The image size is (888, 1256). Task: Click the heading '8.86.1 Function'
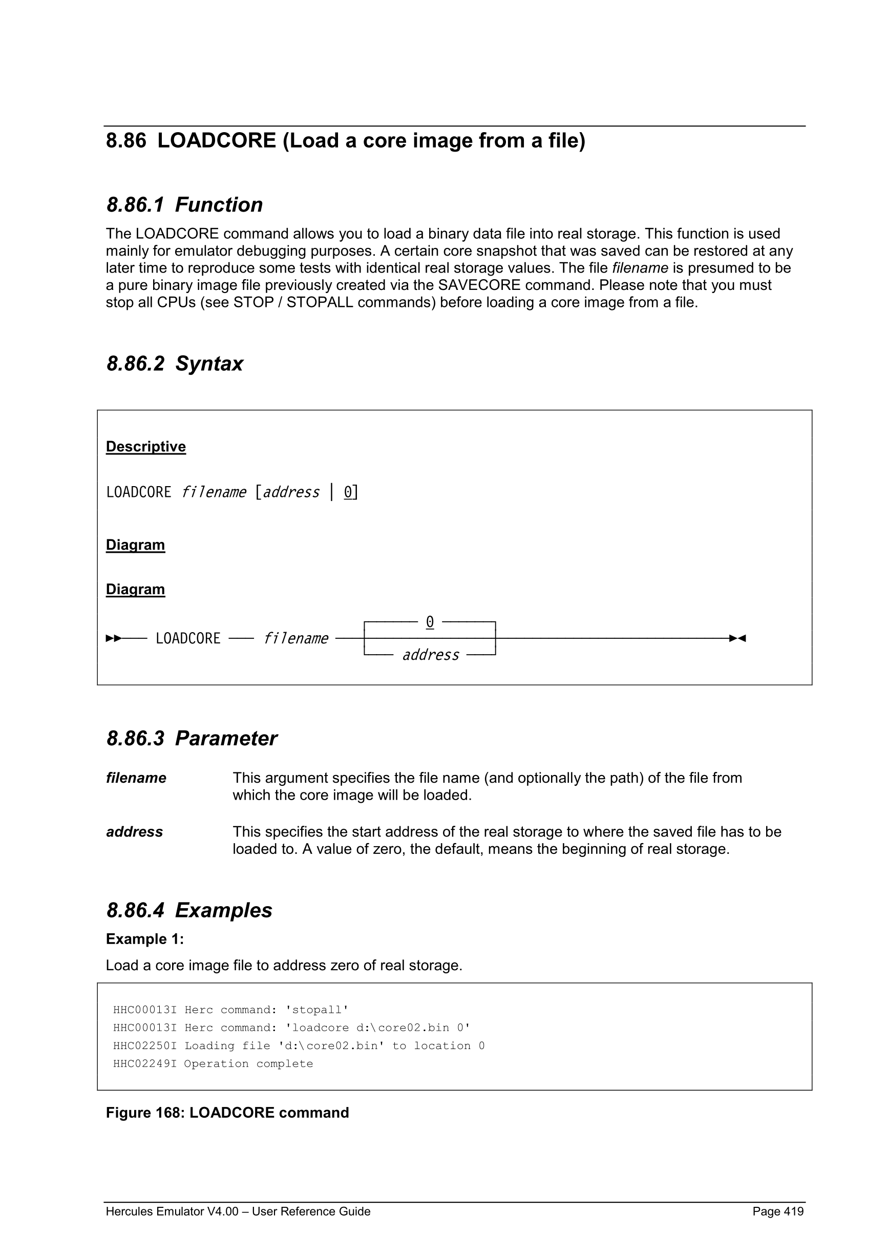(184, 205)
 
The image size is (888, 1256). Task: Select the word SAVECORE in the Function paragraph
(479, 285)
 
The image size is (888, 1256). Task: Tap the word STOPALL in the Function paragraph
(320, 303)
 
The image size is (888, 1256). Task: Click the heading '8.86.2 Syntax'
(175, 364)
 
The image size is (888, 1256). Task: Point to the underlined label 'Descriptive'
(145, 447)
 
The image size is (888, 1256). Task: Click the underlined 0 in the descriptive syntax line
(348, 492)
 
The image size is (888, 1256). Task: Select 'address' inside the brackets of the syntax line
(291, 492)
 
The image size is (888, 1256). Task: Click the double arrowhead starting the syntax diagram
(114, 638)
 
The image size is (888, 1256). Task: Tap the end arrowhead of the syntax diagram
(737, 638)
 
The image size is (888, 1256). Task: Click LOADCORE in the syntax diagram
(187, 638)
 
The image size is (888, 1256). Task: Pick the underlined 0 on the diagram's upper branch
(430, 622)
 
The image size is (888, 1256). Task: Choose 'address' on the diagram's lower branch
(430, 655)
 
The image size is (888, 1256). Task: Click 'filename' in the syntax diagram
(295, 638)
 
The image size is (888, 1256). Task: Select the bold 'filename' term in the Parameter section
(136, 778)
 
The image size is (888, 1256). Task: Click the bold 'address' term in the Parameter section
(135, 832)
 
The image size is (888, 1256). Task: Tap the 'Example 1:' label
(145, 939)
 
